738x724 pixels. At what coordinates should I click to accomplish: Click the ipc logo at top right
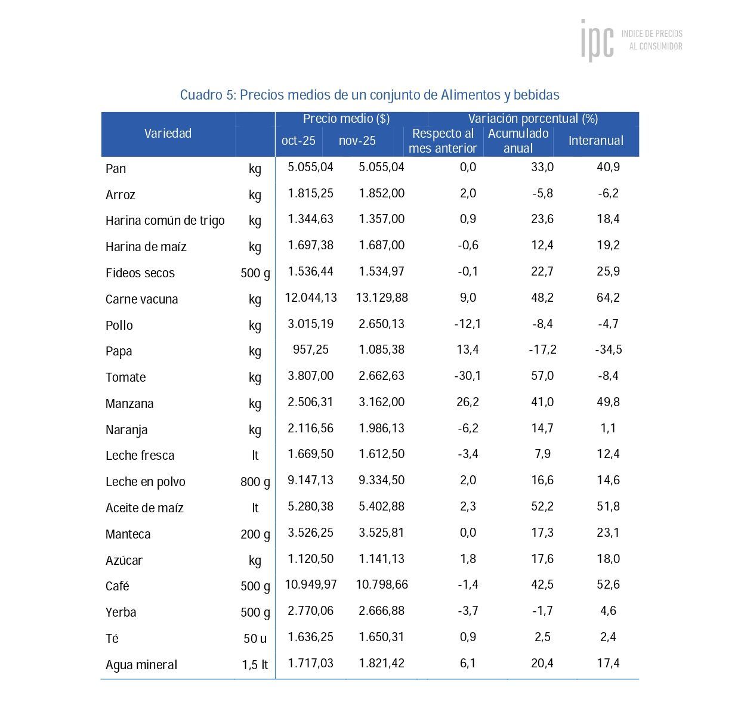tap(631, 40)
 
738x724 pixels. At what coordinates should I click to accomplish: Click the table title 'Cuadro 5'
tap(369, 95)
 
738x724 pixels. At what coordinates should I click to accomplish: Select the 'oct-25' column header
tap(298, 141)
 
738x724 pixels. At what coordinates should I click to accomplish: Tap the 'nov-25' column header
tap(357, 141)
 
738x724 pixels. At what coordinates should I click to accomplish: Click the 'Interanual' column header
tap(595, 141)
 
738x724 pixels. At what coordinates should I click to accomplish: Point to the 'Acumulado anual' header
tap(518, 141)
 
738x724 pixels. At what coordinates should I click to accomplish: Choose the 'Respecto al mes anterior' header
tap(443, 141)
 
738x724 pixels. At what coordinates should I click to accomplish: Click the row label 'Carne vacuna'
tap(141, 299)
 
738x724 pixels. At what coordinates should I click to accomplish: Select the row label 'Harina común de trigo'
tap(165, 221)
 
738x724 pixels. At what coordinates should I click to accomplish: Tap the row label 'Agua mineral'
tap(141, 665)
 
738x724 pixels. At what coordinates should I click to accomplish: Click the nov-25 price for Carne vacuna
tap(382, 298)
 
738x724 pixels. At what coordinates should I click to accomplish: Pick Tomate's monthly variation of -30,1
tap(468, 376)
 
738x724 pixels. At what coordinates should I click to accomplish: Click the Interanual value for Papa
tap(608, 350)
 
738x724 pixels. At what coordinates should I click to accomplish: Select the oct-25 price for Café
tap(310, 585)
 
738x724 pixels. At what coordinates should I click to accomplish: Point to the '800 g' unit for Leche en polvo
tap(255, 482)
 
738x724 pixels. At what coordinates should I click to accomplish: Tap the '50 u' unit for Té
tap(255, 639)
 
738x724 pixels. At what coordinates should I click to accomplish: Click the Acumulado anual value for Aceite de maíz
tap(542, 506)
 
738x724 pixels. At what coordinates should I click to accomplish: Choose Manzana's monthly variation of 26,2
tap(468, 402)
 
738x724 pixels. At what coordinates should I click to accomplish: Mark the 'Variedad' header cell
tap(168, 134)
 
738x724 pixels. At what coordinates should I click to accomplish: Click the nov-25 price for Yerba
tap(381, 611)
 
